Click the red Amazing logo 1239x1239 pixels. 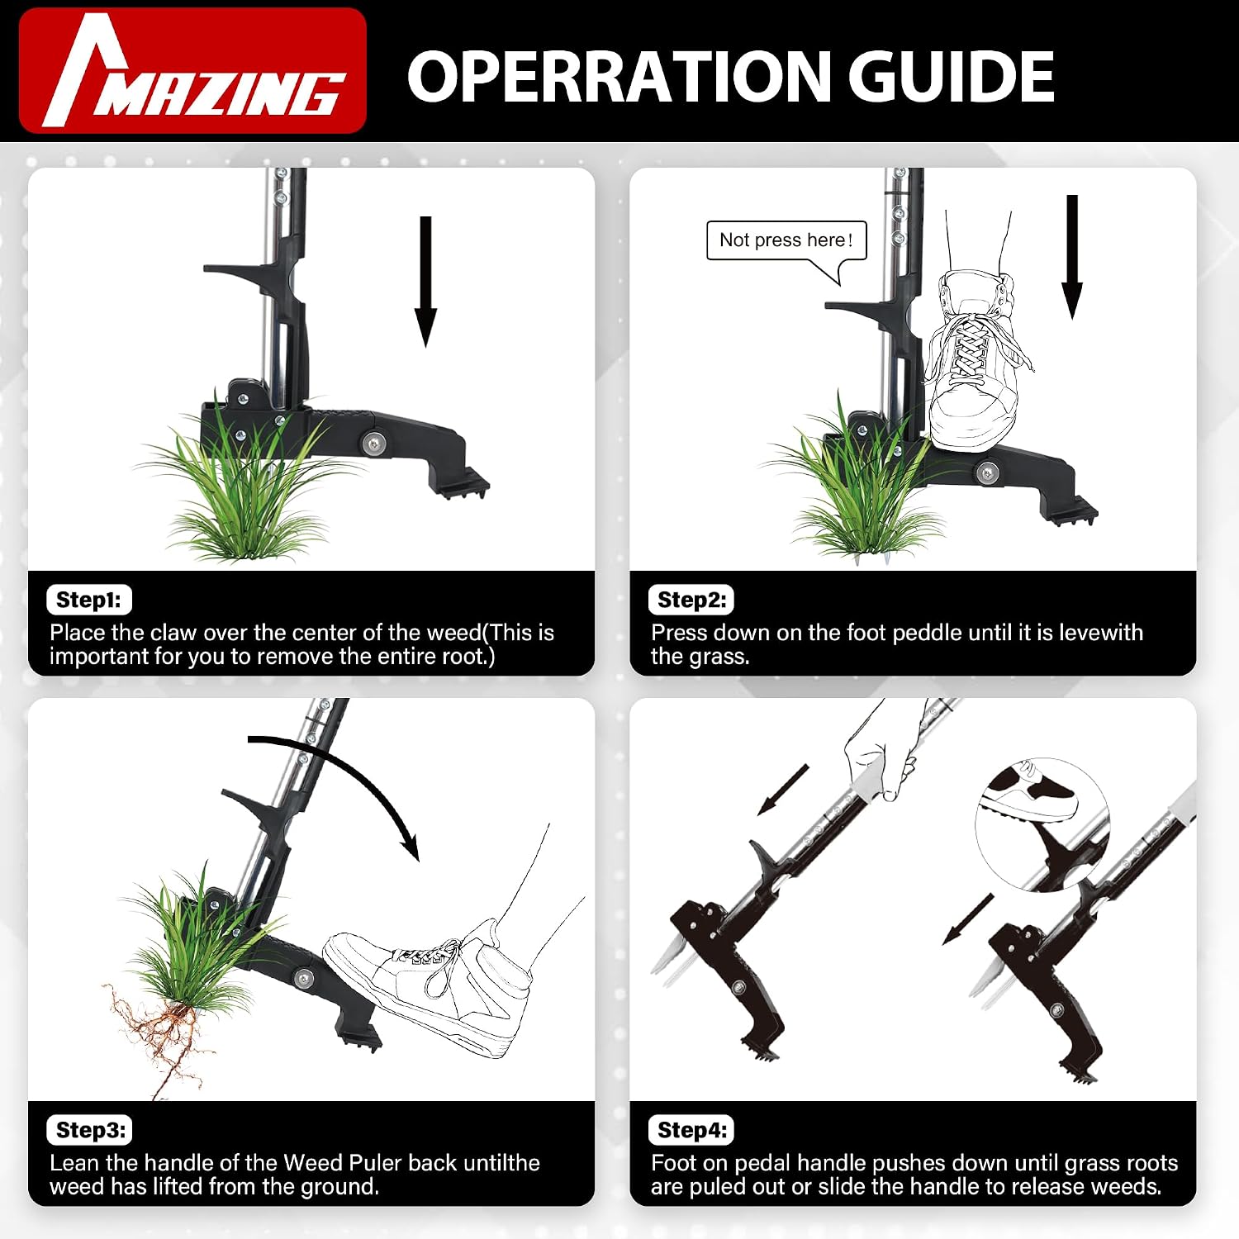pyautogui.click(x=192, y=70)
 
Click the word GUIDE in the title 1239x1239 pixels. pyautogui.click(x=952, y=76)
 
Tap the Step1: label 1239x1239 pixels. pyautogui.click(x=88, y=600)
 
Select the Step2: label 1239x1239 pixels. pyautogui.click(x=691, y=600)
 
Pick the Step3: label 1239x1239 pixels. pyautogui.click(x=90, y=1130)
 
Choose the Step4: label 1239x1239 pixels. pyautogui.click(x=692, y=1130)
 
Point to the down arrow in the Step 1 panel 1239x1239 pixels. pyautogui.click(x=425, y=282)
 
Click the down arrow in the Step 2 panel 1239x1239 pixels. pyautogui.click(x=1072, y=257)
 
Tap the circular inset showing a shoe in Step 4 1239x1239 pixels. pyautogui.click(x=1042, y=824)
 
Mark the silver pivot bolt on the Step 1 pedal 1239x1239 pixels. pyautogui.click(x=373, y=444)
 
